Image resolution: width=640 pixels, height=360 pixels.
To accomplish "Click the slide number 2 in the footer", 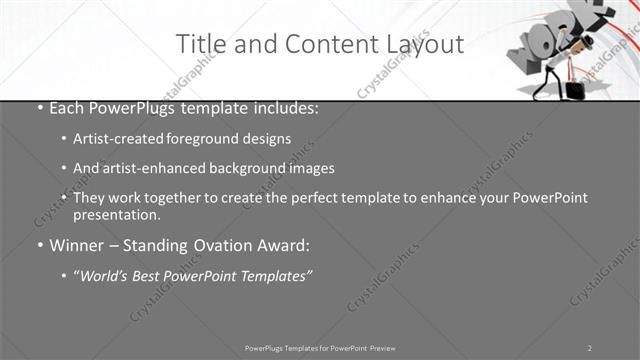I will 590,348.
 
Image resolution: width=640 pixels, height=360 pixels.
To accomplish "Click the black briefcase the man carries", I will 575,89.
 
